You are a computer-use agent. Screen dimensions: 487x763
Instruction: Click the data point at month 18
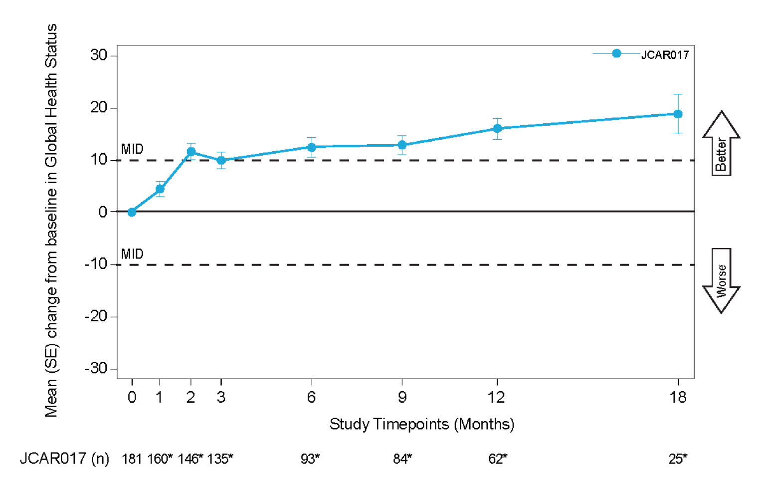pos(678,114)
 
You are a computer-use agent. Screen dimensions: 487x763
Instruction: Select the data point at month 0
pos(132,212)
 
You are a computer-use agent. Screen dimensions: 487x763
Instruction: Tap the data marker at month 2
pos(191,152)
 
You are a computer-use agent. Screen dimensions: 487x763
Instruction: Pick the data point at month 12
pos(497,129)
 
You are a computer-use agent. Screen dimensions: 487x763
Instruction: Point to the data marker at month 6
pos(311,147)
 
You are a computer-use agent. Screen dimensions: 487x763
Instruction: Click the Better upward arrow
pos(721,144)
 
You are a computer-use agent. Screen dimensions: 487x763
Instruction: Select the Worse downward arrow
pos(721,280)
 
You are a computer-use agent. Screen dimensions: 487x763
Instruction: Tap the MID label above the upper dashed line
pos(132,149)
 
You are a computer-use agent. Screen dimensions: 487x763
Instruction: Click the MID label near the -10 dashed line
pos(132,254)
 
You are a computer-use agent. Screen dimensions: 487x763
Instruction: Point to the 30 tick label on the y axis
pos(99,55)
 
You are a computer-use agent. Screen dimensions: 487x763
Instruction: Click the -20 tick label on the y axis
pos(96,316)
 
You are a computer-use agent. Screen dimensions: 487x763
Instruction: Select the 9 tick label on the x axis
pos(402,398)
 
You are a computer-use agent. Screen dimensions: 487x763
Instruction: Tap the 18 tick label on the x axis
pos(678,398)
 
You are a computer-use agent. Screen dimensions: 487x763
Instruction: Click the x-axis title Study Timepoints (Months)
pos(421,424)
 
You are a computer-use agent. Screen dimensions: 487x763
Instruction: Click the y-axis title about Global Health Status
pos(51,220)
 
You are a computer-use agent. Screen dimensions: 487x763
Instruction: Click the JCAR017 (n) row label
pos(64,459)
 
